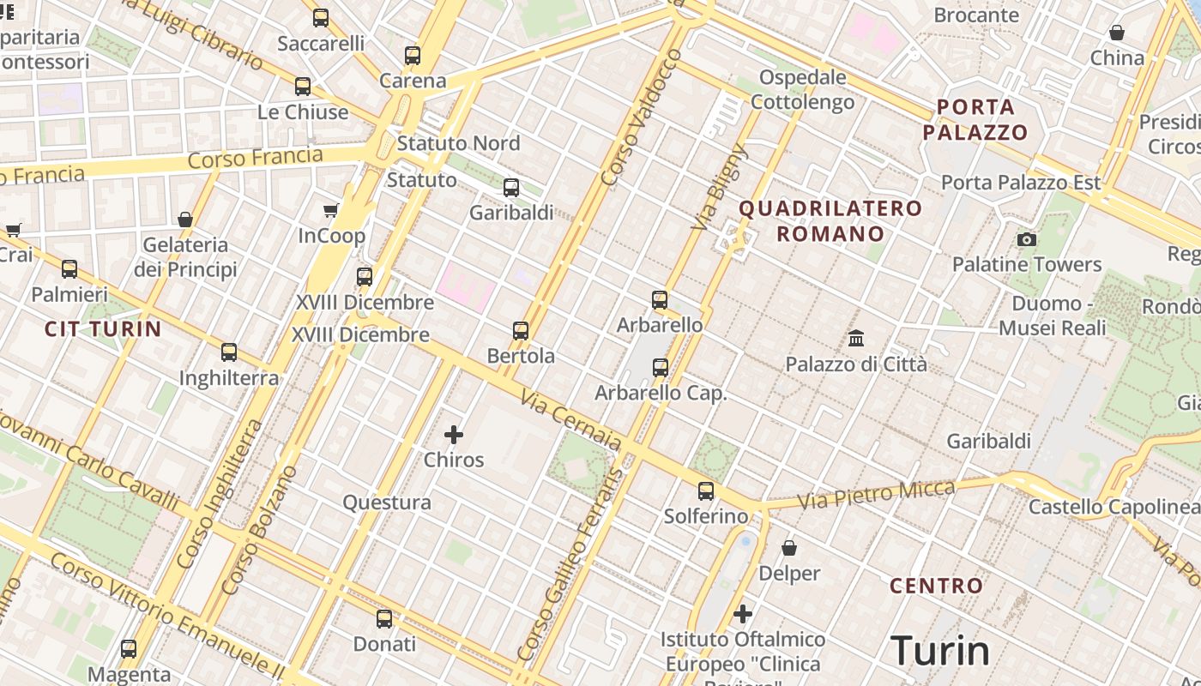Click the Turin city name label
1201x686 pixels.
[x=940, y=651]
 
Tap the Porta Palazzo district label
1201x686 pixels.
[x=975, y=120]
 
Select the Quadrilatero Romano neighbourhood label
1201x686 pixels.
[x=830, y=220]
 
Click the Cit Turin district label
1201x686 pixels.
[x=103, y=329]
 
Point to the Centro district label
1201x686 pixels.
[x=936, y=587]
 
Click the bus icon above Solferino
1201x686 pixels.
[x=706, y=491]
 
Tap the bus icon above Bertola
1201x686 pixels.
[x=521, y=331]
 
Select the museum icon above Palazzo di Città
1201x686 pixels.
[x=856, y=339]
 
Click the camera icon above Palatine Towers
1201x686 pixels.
[x=1026, y=239]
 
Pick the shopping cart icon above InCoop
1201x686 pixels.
[x=331, y=211]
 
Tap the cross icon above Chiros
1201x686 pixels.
[x=454, y=435]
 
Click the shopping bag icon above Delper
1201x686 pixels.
[x=789, y=548]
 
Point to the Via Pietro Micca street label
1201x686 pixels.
[x=876, y=495]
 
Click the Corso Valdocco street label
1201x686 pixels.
[x=642, y=117]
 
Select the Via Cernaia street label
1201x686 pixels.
[x=570, y=421]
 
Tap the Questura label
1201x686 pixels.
[x=387, y=502]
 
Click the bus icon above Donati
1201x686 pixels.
[x=384, y=619]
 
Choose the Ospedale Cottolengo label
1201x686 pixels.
[x=803, y=90]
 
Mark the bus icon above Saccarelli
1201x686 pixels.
[x=321, y=18]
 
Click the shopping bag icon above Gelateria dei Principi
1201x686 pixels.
[x=185, y=220]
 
